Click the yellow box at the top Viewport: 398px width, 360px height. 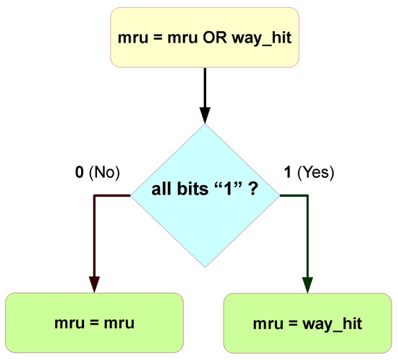(x=203, y=36)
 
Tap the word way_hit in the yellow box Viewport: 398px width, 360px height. (x=265, y=38)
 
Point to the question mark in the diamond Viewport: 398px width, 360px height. (x=254, y=193)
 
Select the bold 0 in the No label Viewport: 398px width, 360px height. (x=79, y=173)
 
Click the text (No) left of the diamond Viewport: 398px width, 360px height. (x=103, y=173)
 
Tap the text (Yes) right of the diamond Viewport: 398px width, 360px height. (x=318, y=173)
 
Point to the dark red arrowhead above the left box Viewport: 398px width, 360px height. (x=94, y=284)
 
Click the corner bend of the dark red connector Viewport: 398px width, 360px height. (x=94, y=196)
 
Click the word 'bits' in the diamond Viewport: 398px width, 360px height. (x=193, y=193)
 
